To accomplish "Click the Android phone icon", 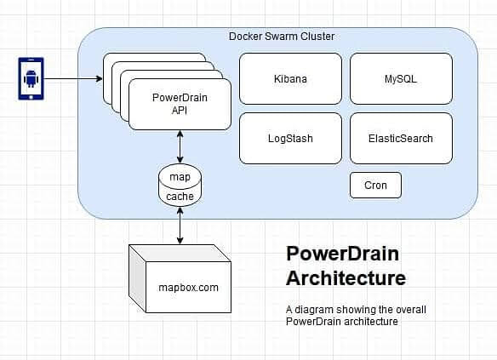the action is (31, 78).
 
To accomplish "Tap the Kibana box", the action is (290, 78).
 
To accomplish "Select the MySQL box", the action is (401, 78).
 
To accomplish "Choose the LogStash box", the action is (290, 138).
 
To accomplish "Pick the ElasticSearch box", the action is (401, 138).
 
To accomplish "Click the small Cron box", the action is (375, 185).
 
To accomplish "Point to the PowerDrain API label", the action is (180, 104).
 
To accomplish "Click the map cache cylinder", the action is (180, 186).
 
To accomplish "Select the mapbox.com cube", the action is (180, 278).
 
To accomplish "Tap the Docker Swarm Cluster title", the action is (282, 37).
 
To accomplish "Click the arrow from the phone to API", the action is (73, 78).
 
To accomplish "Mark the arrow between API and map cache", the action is (180, 146).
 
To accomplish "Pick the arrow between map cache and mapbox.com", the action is (180, 226).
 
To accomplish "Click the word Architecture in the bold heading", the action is (346, 278).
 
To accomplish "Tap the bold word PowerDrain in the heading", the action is (342, 254).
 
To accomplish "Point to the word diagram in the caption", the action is (314, 310).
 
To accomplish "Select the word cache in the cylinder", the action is (180, 197).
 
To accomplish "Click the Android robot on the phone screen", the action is (31, 78).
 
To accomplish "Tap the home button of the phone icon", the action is (31, 97).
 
